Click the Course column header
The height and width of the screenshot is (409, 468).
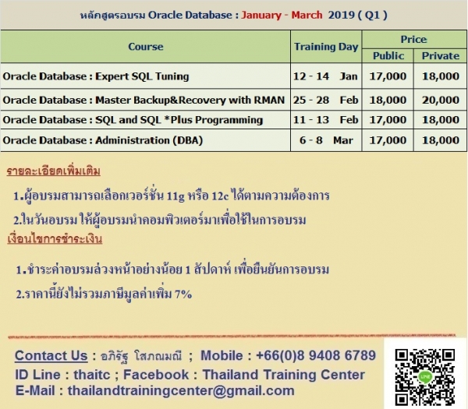(x=146, y=47)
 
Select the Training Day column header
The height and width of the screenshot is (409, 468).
(x=326, y=47)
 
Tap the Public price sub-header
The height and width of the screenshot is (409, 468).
(x=388, y=56)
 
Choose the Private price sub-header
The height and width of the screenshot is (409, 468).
(x=441, y=56)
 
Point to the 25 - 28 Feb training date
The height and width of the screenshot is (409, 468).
(x=325, y=100)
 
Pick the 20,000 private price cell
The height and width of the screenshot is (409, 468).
(x=441, y=100)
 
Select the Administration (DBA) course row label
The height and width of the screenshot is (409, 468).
(x=103, y=140)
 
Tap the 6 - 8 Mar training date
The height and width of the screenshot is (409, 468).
(x=326, y=140)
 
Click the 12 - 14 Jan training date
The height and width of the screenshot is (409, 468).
(x=325, y=76)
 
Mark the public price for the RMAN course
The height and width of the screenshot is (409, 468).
(x=388, y=100)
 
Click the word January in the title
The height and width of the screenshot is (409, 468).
(x=261, y=15)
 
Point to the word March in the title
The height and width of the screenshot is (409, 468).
(x=307, y=15)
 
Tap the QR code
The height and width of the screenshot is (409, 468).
(x=425, y=377)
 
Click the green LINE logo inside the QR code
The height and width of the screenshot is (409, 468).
(x=425, y=377)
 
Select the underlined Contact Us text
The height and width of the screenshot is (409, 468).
(x=51, y=356)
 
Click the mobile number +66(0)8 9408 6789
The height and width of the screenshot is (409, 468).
(x=316, y=355)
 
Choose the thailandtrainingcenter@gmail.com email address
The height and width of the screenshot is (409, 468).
(x=181, y=390)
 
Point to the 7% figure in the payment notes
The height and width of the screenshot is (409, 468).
(x=183, y=294)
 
